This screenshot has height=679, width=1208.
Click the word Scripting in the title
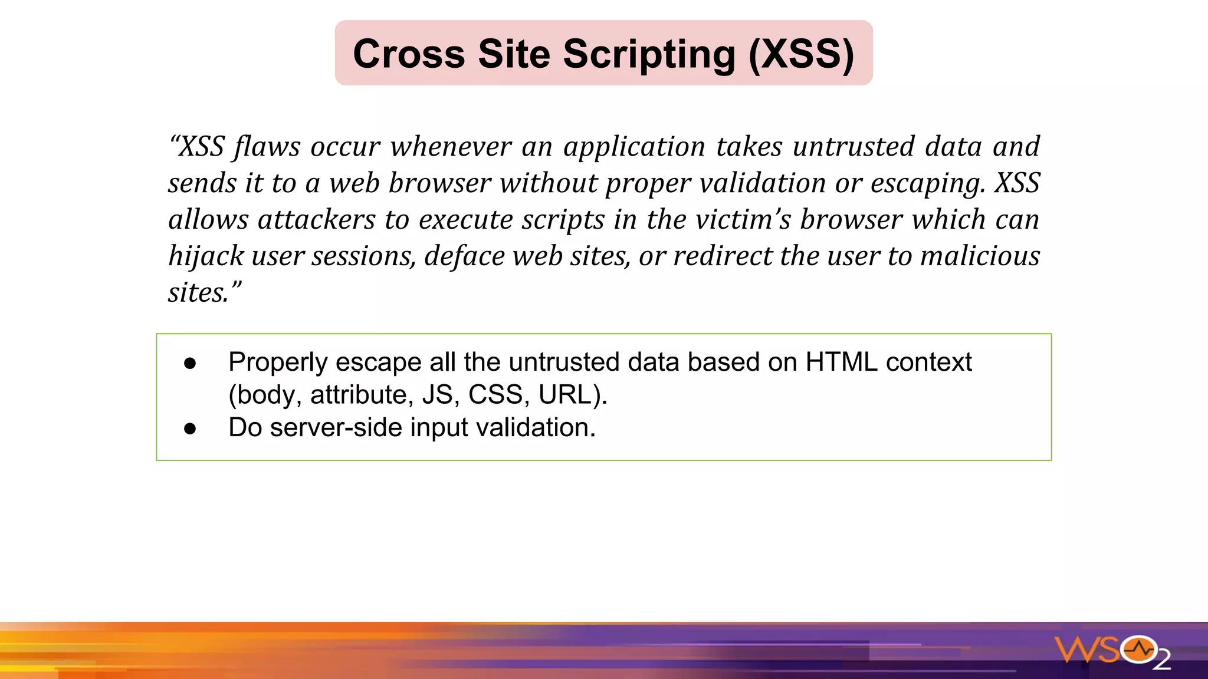(649, 54)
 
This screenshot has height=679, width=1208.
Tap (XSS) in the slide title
(801, 54)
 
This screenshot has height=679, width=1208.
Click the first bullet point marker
(190, 363)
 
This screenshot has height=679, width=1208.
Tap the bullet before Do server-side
(190, 429)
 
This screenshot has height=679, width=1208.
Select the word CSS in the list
(495, 394)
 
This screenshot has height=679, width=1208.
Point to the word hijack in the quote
(206, 256)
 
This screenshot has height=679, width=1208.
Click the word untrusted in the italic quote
(854, 147)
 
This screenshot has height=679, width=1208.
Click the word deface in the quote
(464, 256)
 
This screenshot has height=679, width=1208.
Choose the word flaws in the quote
(267, 147)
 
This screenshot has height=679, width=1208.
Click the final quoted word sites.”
(204, 293)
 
